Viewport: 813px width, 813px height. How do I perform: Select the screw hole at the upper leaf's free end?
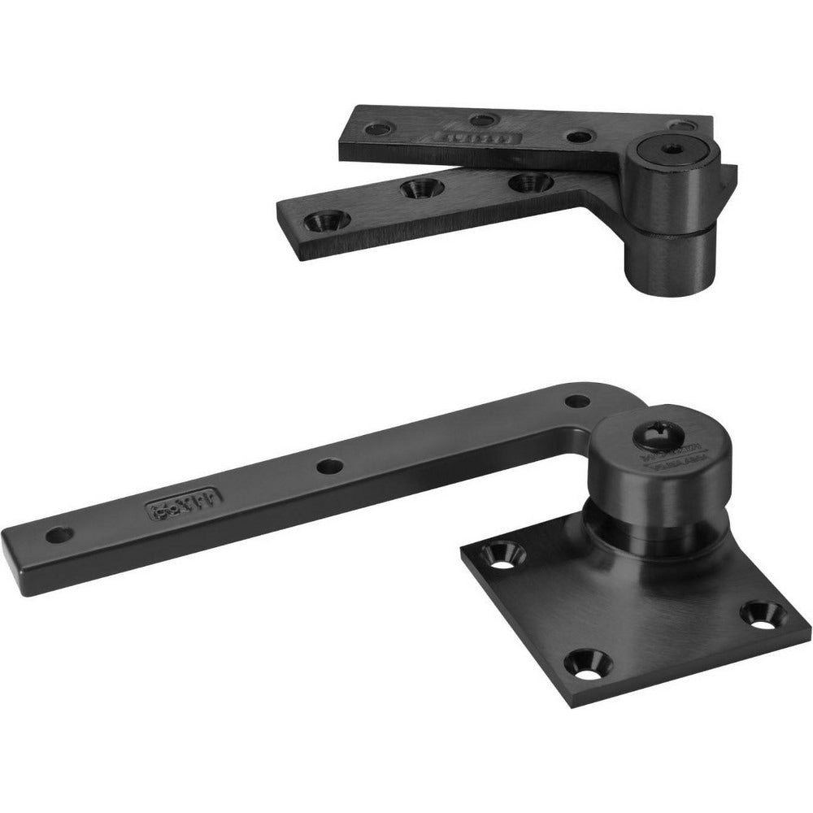(x=379, y=128)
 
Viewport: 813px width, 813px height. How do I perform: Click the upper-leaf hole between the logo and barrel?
(x=576, y=137)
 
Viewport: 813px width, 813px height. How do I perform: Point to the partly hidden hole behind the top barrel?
(x=684, y=125)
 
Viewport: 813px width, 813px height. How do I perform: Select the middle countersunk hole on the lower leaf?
(x=419, y=189)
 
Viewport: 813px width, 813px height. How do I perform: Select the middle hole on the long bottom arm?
(x=328, y=466)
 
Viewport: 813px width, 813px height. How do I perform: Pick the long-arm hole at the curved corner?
(x=576, y=400)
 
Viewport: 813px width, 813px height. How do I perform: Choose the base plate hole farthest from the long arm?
(x=763, y=611)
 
